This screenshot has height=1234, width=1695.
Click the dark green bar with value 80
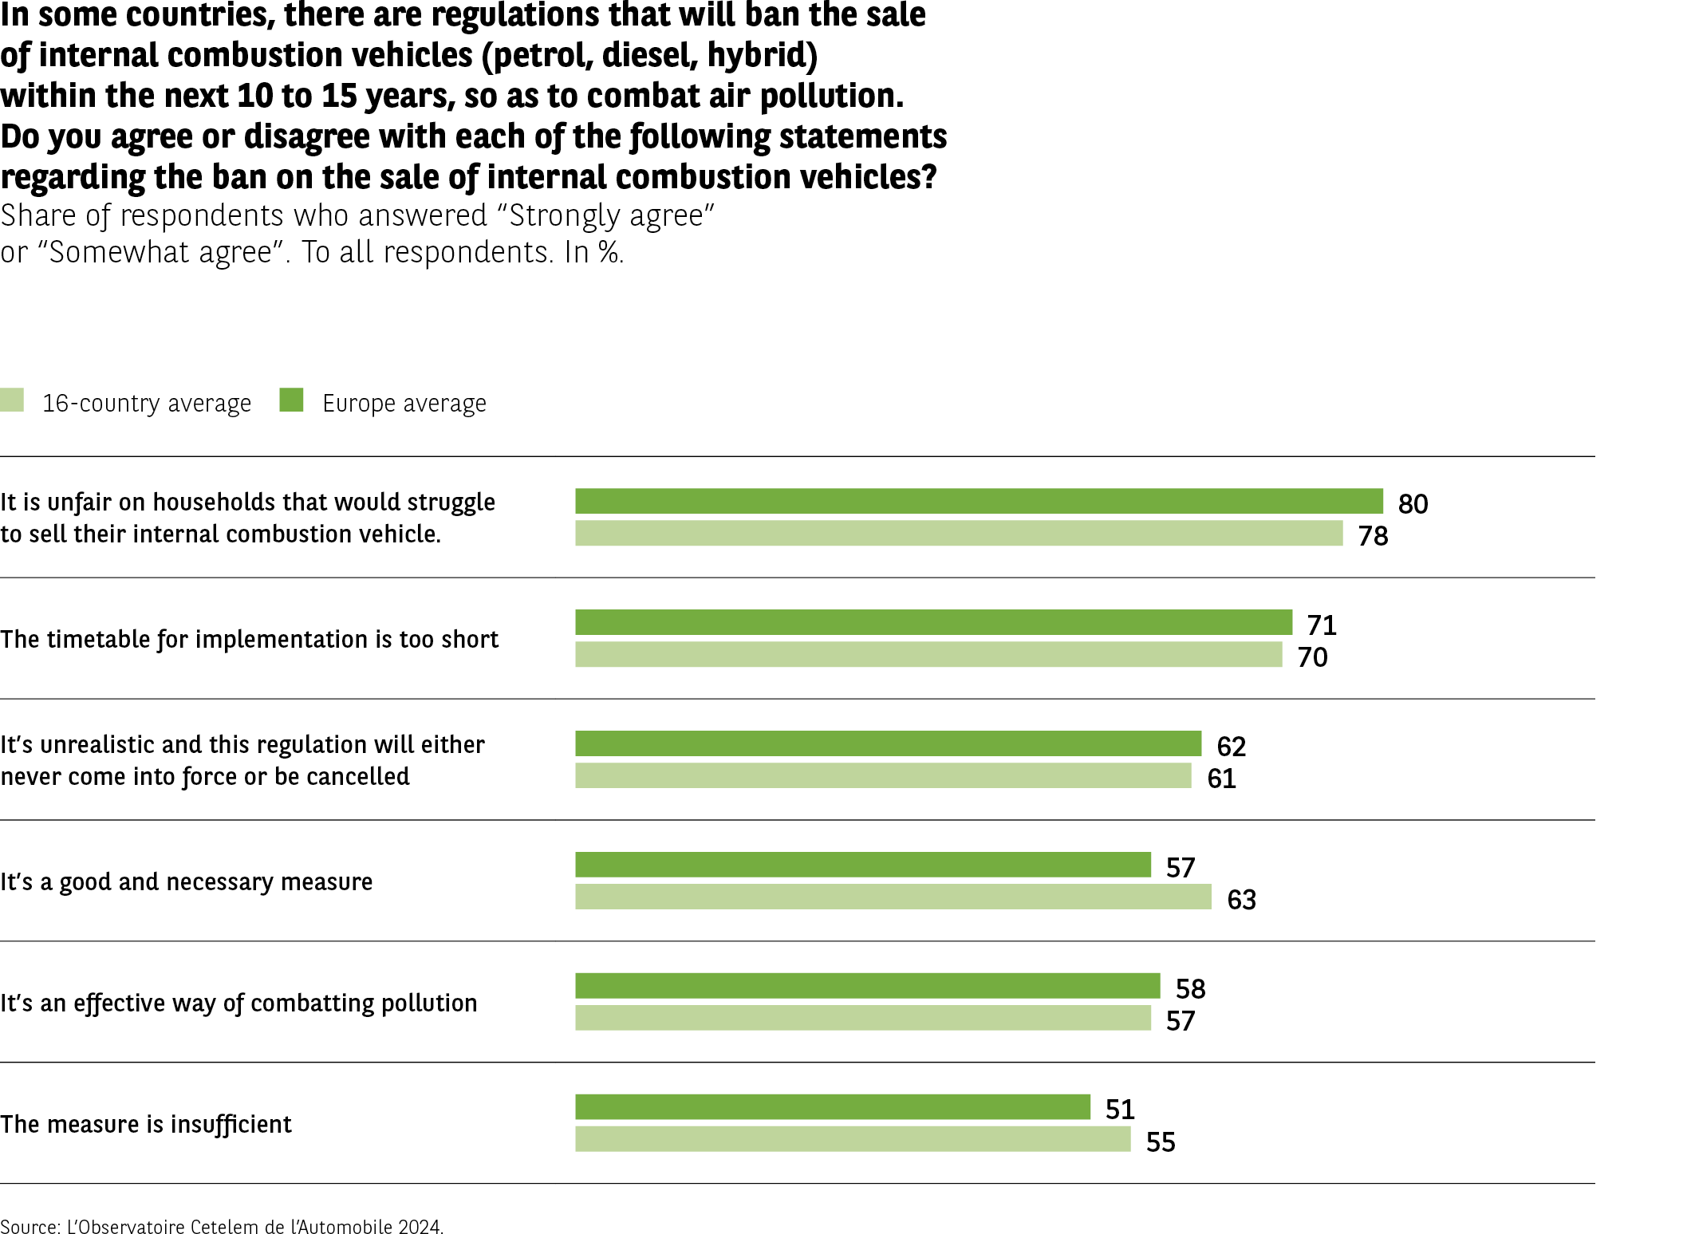click(x=979, y=501)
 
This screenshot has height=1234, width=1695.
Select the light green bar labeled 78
click(x=959, y=534)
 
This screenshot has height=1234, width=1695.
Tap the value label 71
click(x=1322, y=625)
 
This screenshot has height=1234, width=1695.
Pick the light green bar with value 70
click(x=928, y=655)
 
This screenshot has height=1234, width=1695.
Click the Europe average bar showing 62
click(x=888, y=743)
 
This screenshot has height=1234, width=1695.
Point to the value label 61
click(x=1221, y=779)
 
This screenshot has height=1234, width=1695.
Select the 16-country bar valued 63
click(x=893, y=897)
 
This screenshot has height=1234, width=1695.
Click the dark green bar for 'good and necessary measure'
click(x=863, y=865)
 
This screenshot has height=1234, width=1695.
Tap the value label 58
click(x=1190, y=989)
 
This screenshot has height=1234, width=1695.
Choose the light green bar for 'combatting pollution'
click(x=863, y=1018)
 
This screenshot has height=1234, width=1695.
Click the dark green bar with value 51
click(x=833, y=1107)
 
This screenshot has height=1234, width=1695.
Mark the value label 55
click(x=1161, y=1142)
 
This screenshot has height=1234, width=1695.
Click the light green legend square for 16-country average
click(x=12, y=400)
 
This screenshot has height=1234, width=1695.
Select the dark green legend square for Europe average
click(x=291, y=400)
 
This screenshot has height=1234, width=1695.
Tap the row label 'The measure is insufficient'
click(x=146, y=1124)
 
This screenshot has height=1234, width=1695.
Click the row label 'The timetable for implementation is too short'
click(x=249, y=639)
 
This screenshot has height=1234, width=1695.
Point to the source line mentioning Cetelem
click(x=222, y=1226)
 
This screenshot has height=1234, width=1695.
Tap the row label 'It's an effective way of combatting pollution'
click(x=238, y=1003)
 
